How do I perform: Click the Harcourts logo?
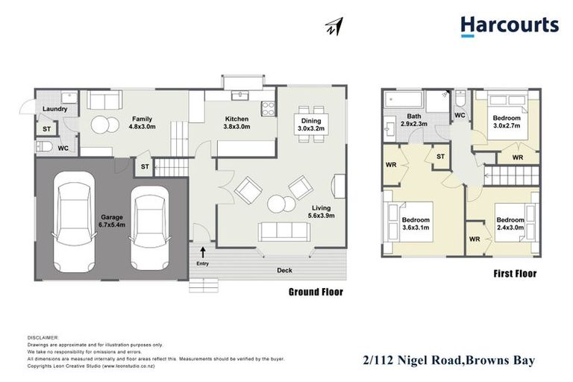tap(509, 26)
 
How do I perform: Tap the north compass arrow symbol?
tap(334, 28)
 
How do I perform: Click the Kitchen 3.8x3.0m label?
tap(238, 123)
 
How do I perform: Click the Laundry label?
tap(56, 110)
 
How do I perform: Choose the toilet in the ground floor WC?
tap(44, 148)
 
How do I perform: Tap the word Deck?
tap(284, 270)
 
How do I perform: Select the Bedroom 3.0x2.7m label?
tap(507, 123)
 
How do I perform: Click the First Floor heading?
tap(515, 274)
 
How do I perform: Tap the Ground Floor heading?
tap(316, 292)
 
